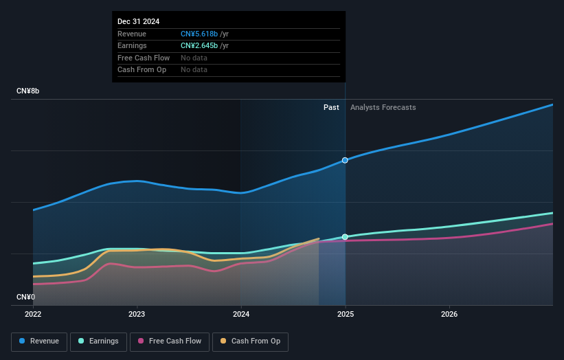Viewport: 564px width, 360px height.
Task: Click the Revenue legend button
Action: (39, 341)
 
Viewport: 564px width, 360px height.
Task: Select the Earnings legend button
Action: (98, 341)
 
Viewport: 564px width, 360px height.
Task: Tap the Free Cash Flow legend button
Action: (170, 341)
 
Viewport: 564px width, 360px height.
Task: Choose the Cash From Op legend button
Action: (251, 341)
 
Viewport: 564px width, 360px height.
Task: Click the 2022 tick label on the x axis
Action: (33, 315)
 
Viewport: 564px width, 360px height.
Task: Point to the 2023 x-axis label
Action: (137, 315)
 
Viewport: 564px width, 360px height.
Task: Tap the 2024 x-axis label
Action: (241, 315)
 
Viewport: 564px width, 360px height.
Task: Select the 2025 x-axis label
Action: (345, 315)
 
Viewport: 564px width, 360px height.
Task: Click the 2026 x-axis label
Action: (449, 315)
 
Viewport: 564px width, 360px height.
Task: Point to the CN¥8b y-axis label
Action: (28, 91)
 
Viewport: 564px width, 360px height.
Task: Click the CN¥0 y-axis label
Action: (27, 297)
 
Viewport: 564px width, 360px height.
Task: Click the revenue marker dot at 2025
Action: (345, 160)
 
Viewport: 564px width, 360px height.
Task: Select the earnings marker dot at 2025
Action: (345, 237)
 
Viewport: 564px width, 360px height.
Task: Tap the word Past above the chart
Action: (331, 107)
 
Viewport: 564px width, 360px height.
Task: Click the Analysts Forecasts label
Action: (383, 107)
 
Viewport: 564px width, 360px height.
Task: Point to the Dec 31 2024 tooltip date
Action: (139, 21)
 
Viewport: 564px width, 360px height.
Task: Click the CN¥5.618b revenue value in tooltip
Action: (199, 34)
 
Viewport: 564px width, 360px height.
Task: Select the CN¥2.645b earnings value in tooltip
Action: (199, 45)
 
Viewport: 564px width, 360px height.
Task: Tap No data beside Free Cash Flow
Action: (194, 58)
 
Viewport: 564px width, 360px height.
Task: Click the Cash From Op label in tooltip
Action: (142, 69)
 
